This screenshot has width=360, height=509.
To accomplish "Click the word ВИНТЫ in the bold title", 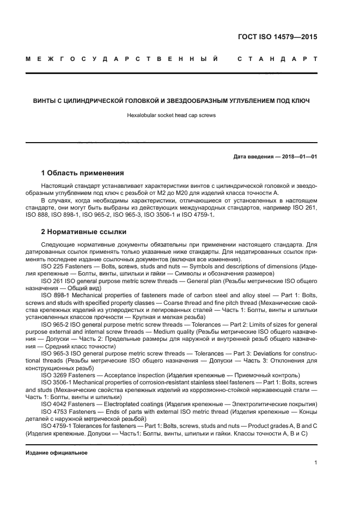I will (46, 100).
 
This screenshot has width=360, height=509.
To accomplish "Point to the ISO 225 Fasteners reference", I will (64, 266).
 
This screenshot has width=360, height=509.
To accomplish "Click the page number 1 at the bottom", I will (315, 463).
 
